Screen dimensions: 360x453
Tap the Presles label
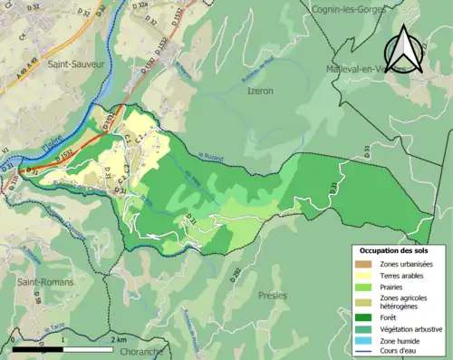click(x=272, y=296)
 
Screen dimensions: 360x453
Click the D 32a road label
click(x=140, y=5)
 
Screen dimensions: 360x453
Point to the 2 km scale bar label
click(x=118, y=338)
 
